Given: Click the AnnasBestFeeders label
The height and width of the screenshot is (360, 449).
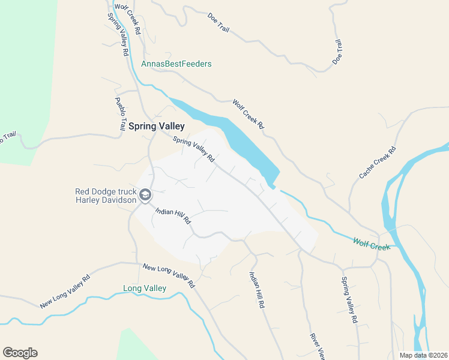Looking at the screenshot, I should point(176,64).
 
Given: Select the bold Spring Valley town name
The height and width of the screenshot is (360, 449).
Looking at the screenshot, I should point(156,127).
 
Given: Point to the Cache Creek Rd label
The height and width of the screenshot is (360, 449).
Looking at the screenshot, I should point(378,162).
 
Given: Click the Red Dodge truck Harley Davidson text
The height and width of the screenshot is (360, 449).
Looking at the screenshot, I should point(105,196).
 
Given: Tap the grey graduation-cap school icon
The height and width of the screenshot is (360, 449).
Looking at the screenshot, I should point(145,195).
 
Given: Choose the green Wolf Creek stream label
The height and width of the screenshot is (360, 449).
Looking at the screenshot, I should point(371,242).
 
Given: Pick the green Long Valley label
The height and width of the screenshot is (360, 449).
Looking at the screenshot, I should point(144,289).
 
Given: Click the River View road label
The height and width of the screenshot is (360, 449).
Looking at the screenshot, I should point(316,347).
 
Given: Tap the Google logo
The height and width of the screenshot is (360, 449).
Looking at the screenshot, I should point(20,353).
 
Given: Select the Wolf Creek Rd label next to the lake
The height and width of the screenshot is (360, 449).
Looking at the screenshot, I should point(249,114).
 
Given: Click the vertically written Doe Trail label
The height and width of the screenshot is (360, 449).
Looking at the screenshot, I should point(337,52).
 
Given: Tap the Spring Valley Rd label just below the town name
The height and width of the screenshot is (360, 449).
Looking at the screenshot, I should point(193,150).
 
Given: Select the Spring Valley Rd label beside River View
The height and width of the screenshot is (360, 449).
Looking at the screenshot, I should point(349,300).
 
